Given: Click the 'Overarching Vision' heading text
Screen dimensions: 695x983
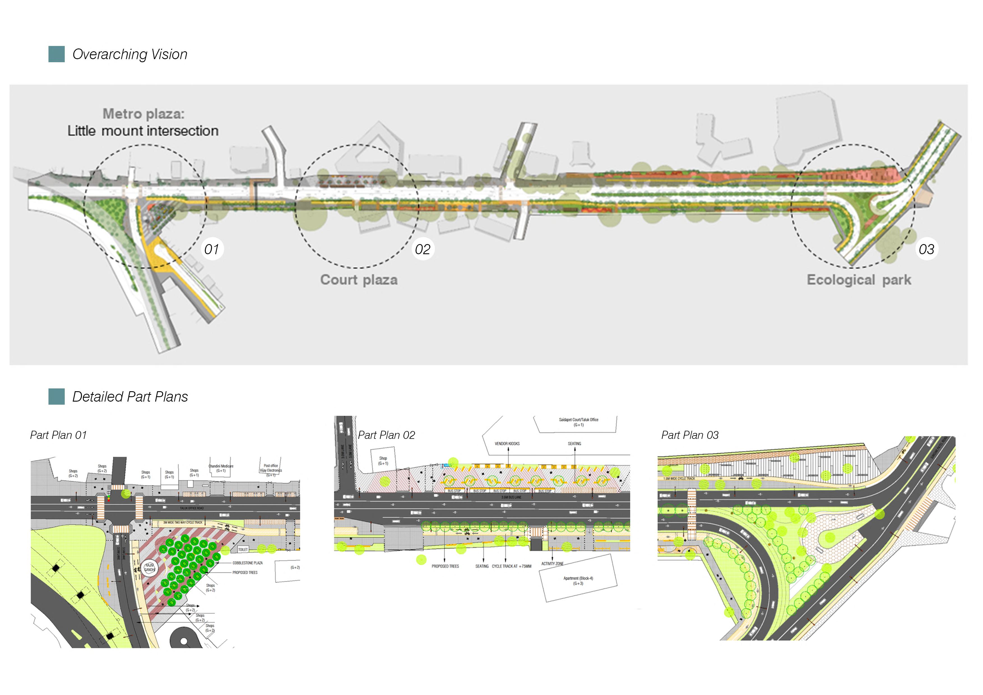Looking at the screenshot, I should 130,54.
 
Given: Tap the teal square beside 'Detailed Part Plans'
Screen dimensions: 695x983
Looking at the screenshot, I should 57,397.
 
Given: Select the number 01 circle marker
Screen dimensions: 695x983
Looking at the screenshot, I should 212,249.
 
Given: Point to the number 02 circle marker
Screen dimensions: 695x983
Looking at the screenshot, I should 423,249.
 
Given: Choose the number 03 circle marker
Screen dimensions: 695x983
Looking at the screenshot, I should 926,249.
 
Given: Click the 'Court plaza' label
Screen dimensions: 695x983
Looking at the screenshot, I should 359,280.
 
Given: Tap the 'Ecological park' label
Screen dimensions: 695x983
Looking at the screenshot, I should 859,280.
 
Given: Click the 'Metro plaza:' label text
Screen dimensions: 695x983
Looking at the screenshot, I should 143,114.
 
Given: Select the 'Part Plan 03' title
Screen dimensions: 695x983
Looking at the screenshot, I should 690,435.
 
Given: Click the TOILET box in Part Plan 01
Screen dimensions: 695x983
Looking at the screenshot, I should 243,549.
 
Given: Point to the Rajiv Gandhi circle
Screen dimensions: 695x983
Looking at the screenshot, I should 149,568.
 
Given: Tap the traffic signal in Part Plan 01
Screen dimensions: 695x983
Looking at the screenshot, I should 109,498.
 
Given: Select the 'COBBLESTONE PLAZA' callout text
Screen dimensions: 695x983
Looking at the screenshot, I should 247,563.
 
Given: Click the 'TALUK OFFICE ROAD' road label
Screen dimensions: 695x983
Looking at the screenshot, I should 192,508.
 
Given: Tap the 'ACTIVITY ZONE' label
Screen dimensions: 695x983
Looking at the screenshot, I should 552,564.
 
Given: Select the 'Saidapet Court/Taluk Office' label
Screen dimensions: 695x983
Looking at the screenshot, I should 578,420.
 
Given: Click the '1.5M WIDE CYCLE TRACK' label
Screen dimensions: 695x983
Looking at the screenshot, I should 679,478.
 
